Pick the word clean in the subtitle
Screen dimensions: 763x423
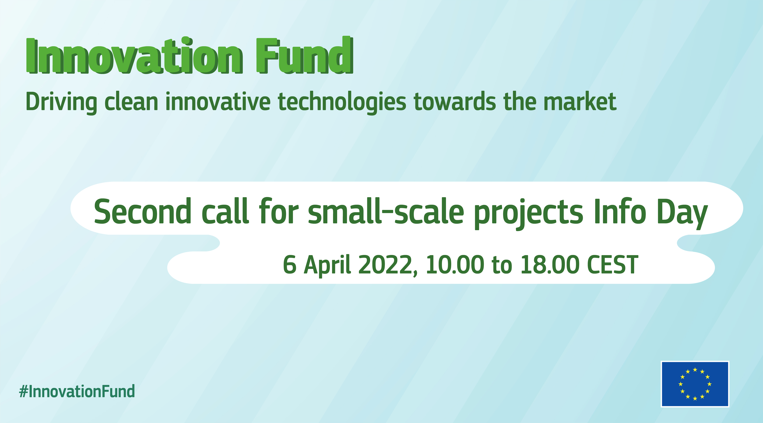click(131, 102)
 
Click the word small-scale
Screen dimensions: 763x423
click(386, 211)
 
